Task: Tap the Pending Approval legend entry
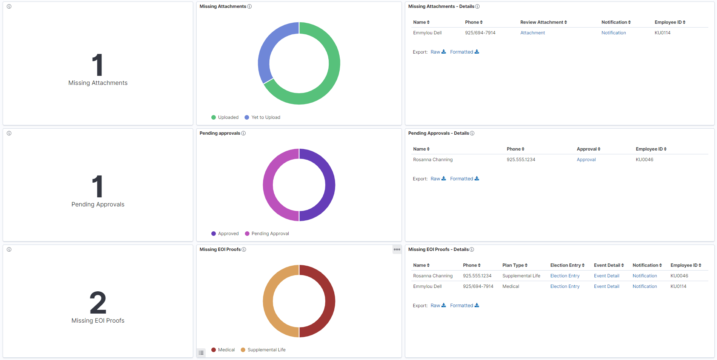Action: (x=270, y=234)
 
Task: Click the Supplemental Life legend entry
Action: (x=266, y=350)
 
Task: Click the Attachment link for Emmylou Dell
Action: (x=532, y=33)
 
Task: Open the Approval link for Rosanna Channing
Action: (x=586, y=160)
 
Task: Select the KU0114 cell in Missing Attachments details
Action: (x=662, y=33)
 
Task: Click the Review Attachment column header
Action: (x=543, y=22)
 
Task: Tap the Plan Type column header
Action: (x=514, y=265)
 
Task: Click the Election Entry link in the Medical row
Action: (x=565, y=286)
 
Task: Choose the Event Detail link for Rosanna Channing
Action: (x=606, y=276)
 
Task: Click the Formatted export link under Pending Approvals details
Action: (x=464, y=179)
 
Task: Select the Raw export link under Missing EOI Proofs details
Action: (x=438, y=306)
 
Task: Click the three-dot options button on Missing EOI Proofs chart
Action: (x=397, y=249)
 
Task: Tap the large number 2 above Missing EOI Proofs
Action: (x=98, y=303)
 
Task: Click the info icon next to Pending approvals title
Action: (x=243, y=133)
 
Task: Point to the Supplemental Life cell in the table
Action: (x=521, y=276)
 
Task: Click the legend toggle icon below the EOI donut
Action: (x=201, y=353)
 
